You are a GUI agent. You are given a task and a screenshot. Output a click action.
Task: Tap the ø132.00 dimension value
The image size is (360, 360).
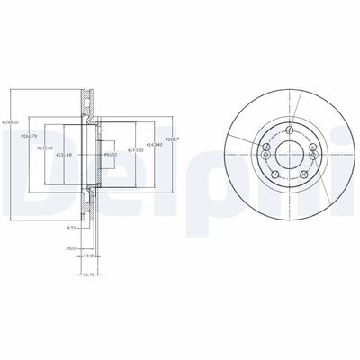(44, 148)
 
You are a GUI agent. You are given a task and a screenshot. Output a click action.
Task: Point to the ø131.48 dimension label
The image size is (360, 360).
(64, 156)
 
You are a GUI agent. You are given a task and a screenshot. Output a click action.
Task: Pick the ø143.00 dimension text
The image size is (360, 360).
(135, 149)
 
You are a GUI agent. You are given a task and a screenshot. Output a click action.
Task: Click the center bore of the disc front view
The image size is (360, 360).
(291, 150)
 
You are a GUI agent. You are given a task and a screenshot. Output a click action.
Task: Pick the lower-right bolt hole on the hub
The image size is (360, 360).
(306, 171)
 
